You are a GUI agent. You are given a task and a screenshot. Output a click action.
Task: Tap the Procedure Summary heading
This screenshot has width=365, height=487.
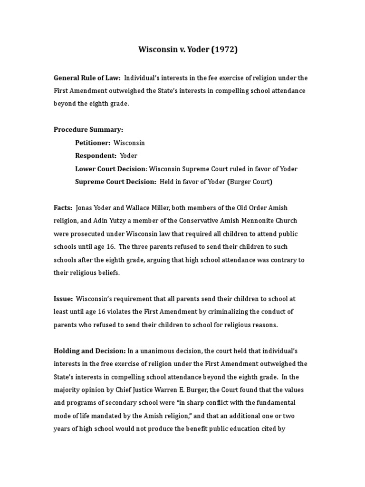point(88,129)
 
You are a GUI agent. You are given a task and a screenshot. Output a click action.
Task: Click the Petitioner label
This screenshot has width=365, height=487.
point(93,143)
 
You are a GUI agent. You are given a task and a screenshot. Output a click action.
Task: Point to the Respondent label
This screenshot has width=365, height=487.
point(96,156)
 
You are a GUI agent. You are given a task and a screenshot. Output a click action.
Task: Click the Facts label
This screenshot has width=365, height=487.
point(63,208)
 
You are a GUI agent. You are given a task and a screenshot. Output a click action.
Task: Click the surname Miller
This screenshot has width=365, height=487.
point(157,208)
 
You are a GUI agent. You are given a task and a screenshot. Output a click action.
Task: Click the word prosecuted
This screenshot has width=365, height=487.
point(88,234)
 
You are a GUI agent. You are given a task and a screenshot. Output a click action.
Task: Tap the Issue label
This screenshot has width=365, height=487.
point(63,299)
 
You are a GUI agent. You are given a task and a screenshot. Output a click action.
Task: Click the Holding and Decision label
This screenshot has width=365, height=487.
point(89,351)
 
